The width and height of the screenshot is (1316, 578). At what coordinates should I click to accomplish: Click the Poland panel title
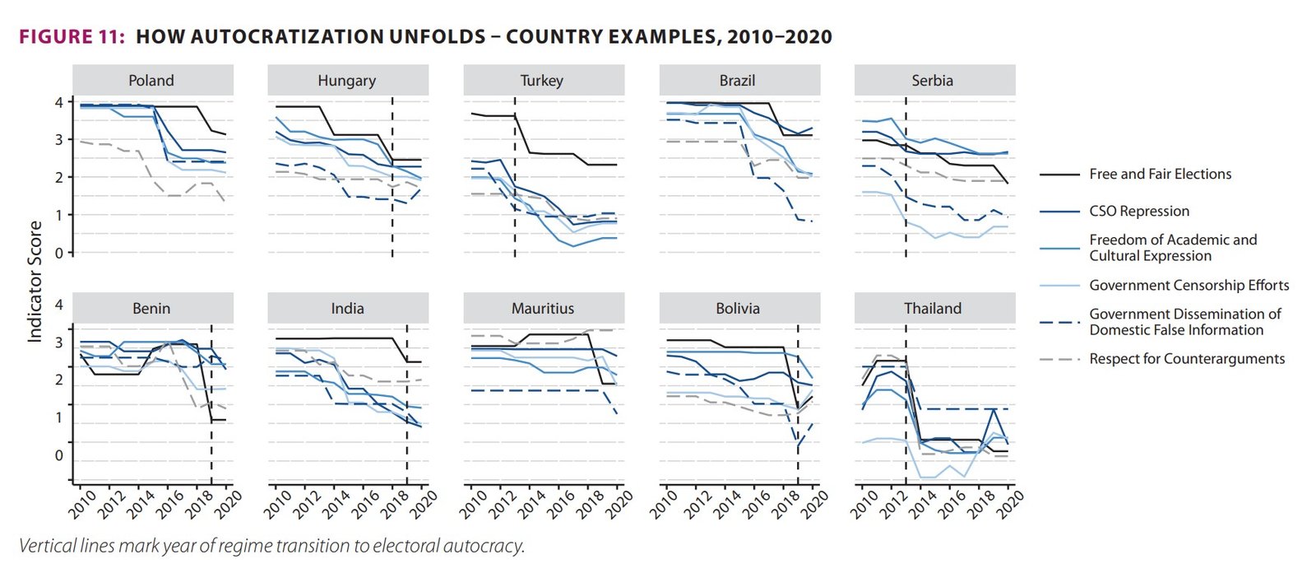(151, 81)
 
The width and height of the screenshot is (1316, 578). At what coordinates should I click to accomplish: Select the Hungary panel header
(346, 81)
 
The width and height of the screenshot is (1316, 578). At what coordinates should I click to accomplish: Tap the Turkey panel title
(542, 81)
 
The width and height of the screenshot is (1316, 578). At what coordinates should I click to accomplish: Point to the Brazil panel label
(737, 81)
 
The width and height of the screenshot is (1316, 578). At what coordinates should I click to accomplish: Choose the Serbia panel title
(932, 81)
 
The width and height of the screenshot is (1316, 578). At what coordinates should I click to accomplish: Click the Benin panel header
(151, 309)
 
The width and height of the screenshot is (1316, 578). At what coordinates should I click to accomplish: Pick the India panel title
(347, 309)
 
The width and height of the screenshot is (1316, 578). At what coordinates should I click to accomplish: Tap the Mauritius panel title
(543, 309)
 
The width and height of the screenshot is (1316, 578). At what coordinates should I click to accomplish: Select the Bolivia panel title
(738, 309)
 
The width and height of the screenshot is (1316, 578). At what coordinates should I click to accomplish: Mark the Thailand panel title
(933, 309)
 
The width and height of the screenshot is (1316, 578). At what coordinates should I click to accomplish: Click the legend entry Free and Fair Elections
(1160, 175)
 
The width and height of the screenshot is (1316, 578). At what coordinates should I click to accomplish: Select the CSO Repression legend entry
(1139, 212)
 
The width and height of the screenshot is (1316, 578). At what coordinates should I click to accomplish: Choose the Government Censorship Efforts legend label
(1189, 286)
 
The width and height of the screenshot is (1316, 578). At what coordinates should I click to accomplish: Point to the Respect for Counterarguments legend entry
(1186, 359)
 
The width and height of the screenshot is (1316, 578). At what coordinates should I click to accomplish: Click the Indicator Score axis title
(35, 282)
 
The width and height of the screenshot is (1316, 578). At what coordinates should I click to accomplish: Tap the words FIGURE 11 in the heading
(72, 37)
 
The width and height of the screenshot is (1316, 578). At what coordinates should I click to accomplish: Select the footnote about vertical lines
(271, 546)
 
